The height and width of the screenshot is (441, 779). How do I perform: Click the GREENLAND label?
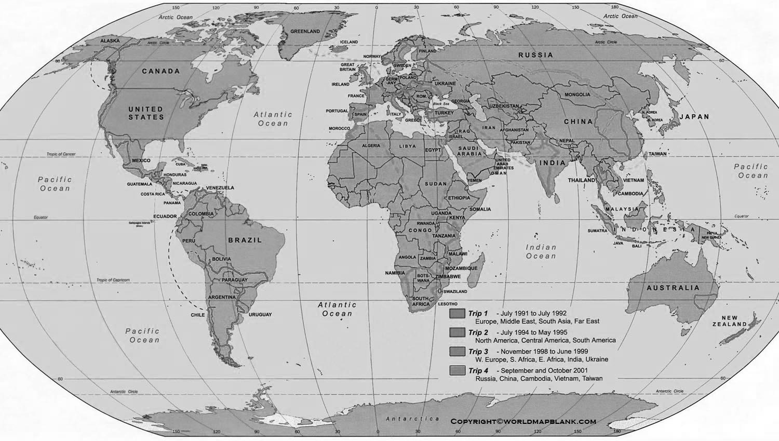[x=305, y=32]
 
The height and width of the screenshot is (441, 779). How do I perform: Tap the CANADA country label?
[x=161, y=71]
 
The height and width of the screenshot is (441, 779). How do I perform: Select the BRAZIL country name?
[x=245, y=240]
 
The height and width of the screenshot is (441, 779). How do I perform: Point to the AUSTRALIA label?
[x=673, y=288]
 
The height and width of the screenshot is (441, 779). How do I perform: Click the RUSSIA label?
[x=536, y=55]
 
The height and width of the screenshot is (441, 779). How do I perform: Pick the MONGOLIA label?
[x=578, y=95]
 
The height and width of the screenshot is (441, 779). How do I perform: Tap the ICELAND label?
[x=349, y=42]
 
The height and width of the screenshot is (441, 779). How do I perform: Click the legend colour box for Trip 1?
[x=458, y=314]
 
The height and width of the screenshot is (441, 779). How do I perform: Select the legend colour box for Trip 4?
[x=458, y=371]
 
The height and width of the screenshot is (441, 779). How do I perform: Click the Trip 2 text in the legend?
[x=478, y=332]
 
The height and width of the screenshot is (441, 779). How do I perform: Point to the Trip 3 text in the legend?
[x=478, y=352]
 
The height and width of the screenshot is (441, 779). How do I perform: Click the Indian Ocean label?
[x=541, y=252]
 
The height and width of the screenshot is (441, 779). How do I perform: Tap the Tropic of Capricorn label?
[x=113, y=280]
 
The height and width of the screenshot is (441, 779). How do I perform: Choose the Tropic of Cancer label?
[x=61, y=154]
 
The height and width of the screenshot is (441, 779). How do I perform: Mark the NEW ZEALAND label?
[x=729, y=321]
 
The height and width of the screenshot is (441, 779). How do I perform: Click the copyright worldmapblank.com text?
[x=523, y=422]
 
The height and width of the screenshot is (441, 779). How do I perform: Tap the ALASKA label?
[x=110, y=41]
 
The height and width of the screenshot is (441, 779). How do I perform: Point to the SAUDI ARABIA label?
[x=469, y=151]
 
